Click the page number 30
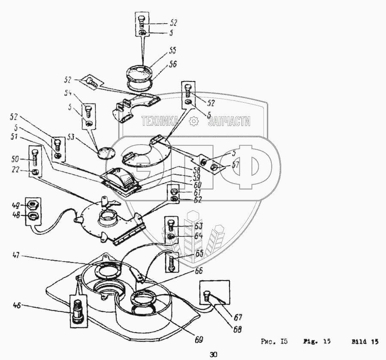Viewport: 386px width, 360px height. click(x=214, y=354)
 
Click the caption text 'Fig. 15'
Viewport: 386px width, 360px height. click(x=321, y=342)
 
